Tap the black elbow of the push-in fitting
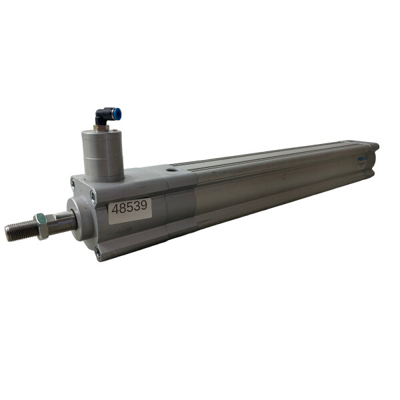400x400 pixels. click(101, 117)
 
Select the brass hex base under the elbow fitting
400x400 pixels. click(101, 127)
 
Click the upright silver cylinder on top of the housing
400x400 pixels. click(103, 153)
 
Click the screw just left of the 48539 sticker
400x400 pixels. click(93, 194)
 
